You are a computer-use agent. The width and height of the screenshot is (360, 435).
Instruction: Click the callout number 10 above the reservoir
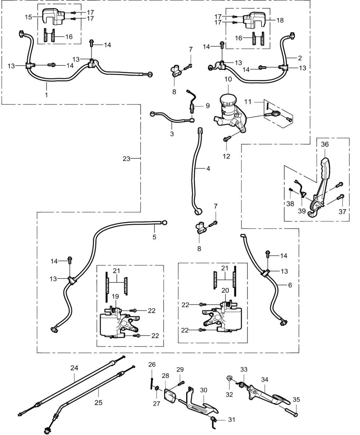(x=228, y=79)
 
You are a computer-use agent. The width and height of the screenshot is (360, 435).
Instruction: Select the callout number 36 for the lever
(x=325, y=144)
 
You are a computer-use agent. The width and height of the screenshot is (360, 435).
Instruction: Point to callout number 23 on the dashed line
(x=126, y=159)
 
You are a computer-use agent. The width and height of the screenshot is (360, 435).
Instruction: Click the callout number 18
(x=280, y=20)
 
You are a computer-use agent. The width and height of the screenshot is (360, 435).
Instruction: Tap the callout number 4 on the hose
(x=208, y=169)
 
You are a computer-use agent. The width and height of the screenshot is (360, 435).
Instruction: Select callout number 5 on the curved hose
(x=155, y=237)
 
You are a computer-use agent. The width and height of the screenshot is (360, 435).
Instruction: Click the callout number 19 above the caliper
(x=116, y=296)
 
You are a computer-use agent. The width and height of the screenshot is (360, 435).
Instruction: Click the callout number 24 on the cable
(x=74, y=368)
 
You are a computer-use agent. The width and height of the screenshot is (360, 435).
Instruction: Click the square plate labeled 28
(x=169, y=396)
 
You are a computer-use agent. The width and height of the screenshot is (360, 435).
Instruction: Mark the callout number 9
(x=207, y=106)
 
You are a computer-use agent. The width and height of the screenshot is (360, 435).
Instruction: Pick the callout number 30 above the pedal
(x=204, y=390)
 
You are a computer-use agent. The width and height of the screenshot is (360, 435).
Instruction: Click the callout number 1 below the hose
(x=47, y=95)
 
